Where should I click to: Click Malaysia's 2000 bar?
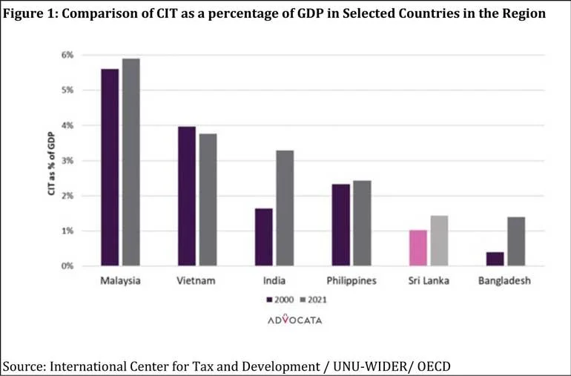[x=110, y=167]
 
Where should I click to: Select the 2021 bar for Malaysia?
[x=131, y=162]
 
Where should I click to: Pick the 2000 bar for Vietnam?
[x=187, y=196]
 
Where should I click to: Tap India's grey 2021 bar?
[x=285, y=208]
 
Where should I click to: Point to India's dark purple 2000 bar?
[x=264, y=237]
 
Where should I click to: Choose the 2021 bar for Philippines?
[x=363, y=223]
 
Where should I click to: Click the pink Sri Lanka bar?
[x=418, y=248]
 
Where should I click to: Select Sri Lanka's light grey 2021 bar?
[x=439, y=240]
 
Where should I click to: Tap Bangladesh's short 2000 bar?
[x=495, y=259]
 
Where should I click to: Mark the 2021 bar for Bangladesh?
[x=516, y=241]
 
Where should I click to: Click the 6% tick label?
[x=67, y=55]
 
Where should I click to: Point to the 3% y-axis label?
[x=67, y=161]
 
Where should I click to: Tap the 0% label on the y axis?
[x=67, y=266]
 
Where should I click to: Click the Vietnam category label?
[x=196, y=281]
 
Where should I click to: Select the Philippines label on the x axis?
[x=351, y=281]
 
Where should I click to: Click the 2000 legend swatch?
[x=269, y=300]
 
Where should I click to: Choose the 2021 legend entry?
[x=314, y=300]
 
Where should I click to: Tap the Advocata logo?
[x=295, y=320]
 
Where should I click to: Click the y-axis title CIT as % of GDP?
[x=51, y=163]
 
